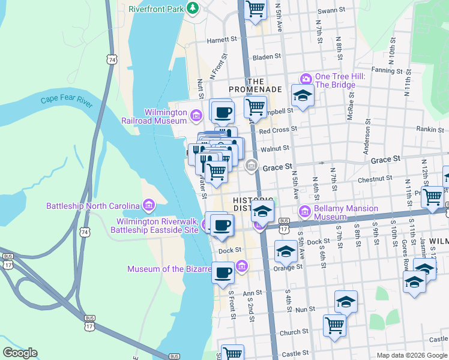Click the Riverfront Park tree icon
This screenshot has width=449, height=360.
[x=193, y=8]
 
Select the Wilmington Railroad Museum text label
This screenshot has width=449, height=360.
[x=166, y=116]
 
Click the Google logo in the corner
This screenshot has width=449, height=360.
[x=20, y=353]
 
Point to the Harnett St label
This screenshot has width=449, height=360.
[x=223, y=41]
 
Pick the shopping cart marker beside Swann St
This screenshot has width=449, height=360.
[x=256, y=10]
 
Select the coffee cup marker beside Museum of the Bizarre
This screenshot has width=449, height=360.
[x=223, y=272]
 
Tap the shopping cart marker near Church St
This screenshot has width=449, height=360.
[x=334, y=326]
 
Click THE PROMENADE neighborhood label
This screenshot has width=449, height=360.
[x=263, y=85]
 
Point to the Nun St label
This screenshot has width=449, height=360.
[x=305, y=309]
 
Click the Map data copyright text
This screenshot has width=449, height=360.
[x=411, y=355]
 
